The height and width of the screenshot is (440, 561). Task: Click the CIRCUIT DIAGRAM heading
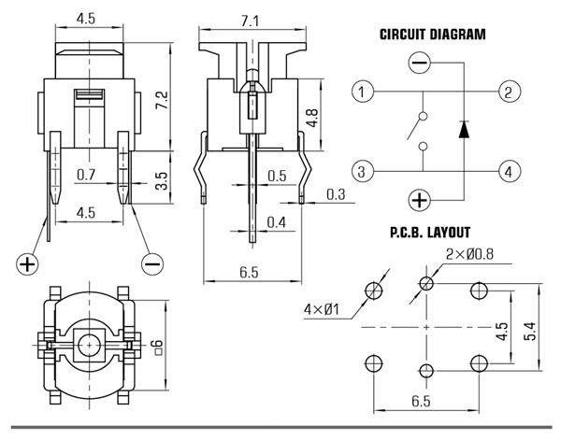(432, 35)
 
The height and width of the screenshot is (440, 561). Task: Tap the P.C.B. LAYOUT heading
(430, 233)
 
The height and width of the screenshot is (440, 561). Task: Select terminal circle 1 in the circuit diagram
(363, 92)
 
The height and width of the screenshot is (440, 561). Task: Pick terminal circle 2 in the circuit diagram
(510, 92)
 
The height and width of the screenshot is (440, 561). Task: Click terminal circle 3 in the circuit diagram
(363, 171)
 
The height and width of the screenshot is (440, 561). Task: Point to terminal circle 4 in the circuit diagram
(510, 171)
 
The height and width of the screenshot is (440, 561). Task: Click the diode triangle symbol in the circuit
(464, 130)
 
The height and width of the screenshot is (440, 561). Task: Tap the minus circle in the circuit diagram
(419, 63)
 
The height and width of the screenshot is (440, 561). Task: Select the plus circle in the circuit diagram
(419, 200)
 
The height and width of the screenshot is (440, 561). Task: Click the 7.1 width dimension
(250, 21)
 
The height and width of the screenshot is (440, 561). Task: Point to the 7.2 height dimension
(162, 101)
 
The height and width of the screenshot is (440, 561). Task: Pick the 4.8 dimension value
(311, 118)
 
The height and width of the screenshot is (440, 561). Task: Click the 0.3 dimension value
(336, 194)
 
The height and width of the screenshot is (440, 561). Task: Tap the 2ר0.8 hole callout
(469, 254)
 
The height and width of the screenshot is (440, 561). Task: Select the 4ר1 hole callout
(321, 309)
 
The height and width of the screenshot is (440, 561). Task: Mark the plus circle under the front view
(27, 264)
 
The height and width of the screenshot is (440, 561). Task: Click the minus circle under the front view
(152, 264)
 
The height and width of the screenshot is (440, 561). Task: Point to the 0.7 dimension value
(86, 175)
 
